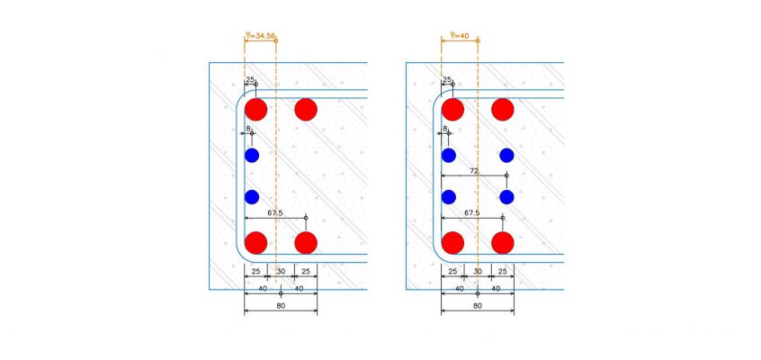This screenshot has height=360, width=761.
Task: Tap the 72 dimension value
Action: click(474, 171)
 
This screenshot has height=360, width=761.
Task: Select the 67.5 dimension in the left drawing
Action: click(275, 212)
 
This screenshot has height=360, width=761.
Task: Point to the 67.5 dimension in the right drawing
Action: click(471, 212)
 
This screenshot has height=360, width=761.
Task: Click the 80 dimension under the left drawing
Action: click(281, 306)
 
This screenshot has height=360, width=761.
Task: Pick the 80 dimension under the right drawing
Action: click(478, 306)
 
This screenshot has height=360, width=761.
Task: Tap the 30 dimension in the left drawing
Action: click(281, 272)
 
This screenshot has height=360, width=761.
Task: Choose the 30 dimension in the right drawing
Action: click(478, 272)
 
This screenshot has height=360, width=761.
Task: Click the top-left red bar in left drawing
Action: click(255, 109)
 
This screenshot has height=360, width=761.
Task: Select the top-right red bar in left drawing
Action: click(306, 109)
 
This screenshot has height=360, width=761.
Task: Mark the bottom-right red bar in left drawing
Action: click(306, 242)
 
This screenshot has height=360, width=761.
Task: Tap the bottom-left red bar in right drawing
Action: click(452, 242)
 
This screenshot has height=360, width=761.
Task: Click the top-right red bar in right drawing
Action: click(502, 109)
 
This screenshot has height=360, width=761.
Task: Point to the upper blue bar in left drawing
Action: click(252, 156)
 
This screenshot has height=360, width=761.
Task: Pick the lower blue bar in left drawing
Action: click(252, 197)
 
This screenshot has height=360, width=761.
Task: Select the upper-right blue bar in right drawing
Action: click(506, 156)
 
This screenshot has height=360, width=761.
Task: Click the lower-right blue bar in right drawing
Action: click(506, 197)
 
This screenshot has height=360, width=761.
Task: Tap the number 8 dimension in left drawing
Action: click(248, 129)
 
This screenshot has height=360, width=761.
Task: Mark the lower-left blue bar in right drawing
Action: click(449, 197)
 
